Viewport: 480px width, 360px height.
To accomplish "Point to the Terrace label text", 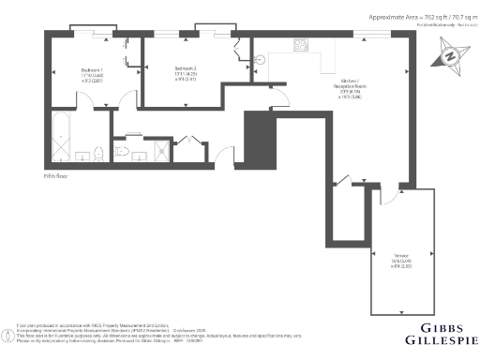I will coord(400,256).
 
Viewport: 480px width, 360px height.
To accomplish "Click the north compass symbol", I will coord(449,58).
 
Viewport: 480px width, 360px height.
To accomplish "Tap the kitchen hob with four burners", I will coord(303,43).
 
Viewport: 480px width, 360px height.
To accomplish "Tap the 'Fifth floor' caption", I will coord(56,175).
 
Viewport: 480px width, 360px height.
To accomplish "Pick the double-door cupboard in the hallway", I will coord(188,144).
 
